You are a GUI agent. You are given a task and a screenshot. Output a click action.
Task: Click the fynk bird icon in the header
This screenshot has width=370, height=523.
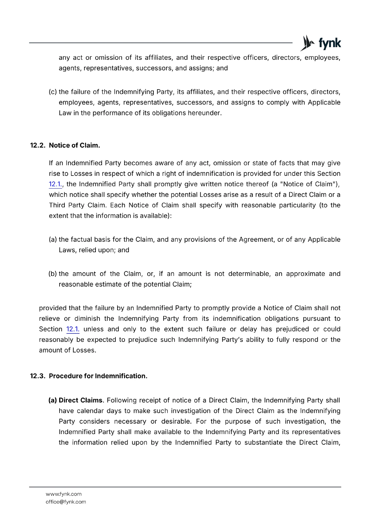pos(307,43)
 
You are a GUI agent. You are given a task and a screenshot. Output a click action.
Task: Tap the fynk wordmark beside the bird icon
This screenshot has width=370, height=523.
pos(329,43)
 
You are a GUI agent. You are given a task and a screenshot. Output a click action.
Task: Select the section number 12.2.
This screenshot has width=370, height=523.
pos(38,145)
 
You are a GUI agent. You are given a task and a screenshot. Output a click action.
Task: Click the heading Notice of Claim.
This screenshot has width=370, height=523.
pos(75,145)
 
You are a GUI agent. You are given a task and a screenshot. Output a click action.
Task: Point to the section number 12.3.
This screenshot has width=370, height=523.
pos(38,376)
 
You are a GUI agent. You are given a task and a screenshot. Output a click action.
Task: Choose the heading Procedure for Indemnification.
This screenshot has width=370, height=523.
pos(98,376)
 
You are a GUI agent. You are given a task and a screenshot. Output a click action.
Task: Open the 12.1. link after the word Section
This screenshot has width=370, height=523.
pos(73,329)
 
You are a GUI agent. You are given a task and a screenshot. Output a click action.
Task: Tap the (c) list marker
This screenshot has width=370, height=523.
pos(53,92)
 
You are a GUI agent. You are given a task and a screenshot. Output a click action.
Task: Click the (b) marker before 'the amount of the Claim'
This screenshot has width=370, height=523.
pos(53,274)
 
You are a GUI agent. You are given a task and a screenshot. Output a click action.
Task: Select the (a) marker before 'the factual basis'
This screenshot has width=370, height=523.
pos(53,240)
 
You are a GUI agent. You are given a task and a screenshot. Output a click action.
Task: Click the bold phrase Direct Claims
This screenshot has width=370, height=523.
pos(80,400)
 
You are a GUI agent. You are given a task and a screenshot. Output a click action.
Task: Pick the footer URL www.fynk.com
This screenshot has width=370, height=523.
pos(63,494)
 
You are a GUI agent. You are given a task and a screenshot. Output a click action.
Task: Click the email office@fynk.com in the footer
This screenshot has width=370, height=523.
pos(66,502)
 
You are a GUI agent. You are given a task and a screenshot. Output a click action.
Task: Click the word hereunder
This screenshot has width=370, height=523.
pos(204,113)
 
